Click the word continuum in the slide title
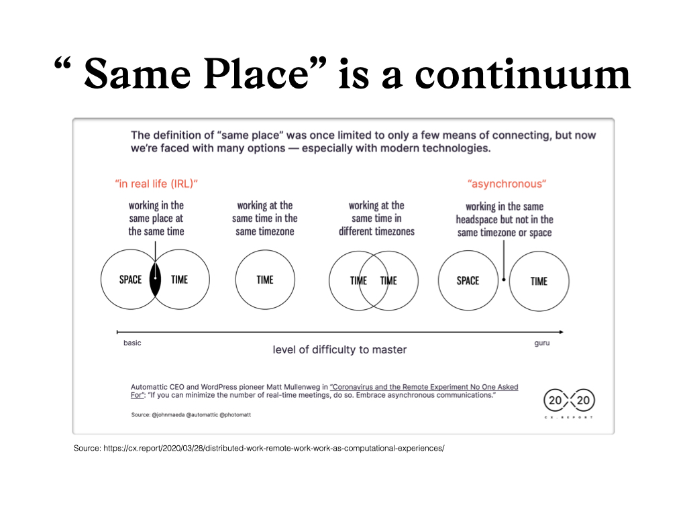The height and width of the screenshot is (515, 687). [522, 74]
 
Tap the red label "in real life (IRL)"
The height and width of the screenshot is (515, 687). [156, 184]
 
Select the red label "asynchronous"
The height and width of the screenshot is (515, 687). [507, 184]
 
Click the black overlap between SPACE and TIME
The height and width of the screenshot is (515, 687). [155, 280]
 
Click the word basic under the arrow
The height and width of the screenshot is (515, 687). [132, 343]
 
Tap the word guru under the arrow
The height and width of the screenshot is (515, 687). [542, 343]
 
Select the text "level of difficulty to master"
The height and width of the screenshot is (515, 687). [339, 350]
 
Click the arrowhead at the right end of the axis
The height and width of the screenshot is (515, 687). [562, 332]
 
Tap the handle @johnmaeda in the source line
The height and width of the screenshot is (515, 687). [168, 414]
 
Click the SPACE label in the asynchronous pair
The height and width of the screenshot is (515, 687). [468, 281]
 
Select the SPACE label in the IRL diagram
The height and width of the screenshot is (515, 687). [131, 280]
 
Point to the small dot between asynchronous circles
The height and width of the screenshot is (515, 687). [504, 280]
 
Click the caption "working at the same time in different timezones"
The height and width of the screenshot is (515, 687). [376, 219]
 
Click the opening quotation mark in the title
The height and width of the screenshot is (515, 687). [62, 64]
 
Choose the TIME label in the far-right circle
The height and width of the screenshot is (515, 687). [539, 281]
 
